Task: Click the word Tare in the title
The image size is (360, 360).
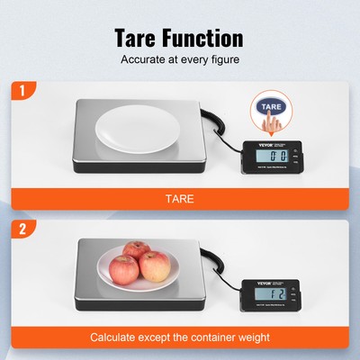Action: pyautogui.click(x=139, y=38)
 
